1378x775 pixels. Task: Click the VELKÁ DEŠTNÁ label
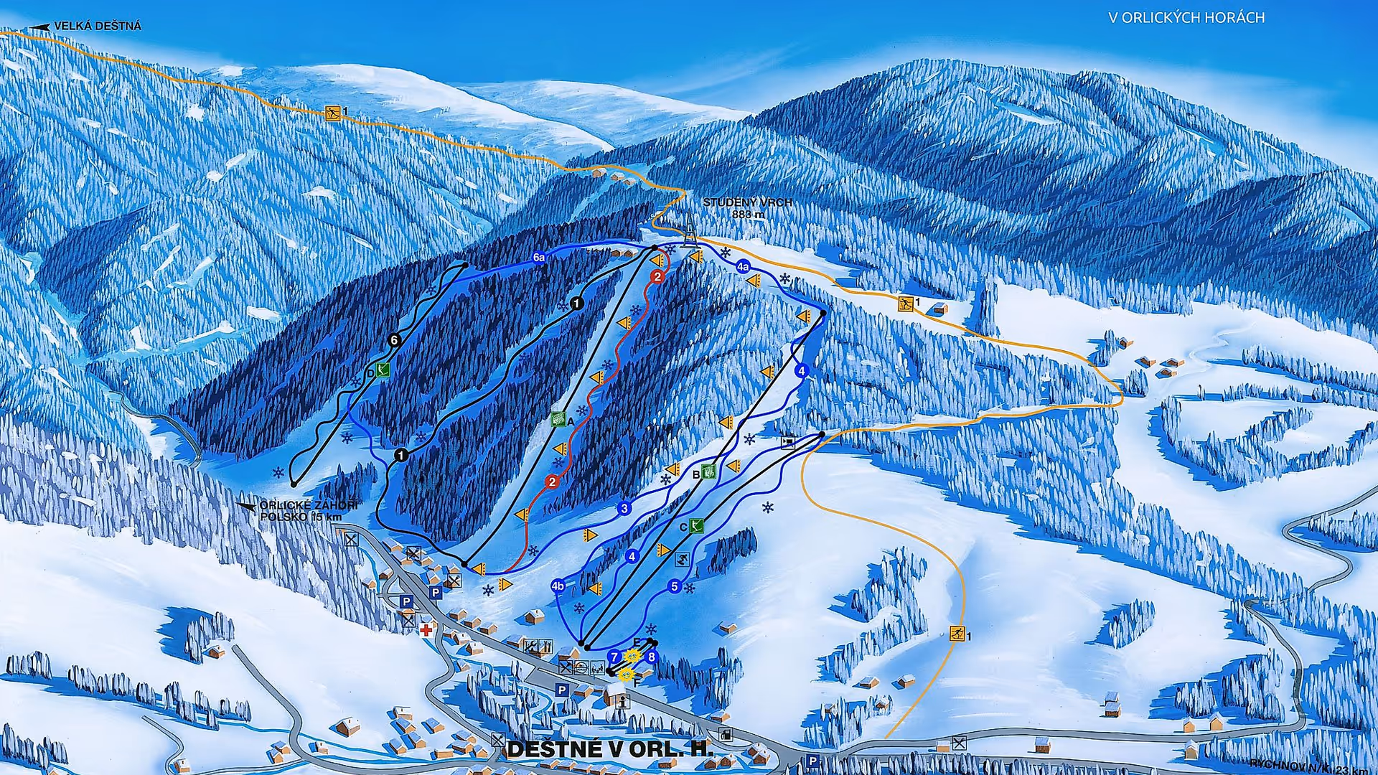coord(98,26)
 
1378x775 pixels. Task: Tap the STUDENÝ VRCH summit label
coord(747,208)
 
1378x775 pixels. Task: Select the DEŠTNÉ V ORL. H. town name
coord(610,749)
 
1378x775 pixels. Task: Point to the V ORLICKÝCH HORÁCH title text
coord(1186,18)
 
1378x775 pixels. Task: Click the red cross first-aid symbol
coord(426,630)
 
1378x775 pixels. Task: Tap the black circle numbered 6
coord(393,340)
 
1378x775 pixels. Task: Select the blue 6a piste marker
coord(539,257)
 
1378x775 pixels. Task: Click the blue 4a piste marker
coord(743,267)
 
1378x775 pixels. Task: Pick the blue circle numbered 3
coord(624,509)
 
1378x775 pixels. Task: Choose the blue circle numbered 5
coord(674,587)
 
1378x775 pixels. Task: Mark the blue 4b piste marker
coord(558,586)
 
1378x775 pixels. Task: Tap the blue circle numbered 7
coord(614,657)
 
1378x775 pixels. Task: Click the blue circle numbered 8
coord(651,657)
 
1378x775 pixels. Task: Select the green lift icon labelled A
coord(558,419)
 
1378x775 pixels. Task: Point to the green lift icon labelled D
coord(383,370)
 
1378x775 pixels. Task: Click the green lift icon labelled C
coord(695,526)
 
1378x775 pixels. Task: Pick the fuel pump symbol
coord(726,734)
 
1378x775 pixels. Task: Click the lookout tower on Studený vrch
coord(690,230)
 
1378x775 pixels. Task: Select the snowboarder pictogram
coord(682,560)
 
